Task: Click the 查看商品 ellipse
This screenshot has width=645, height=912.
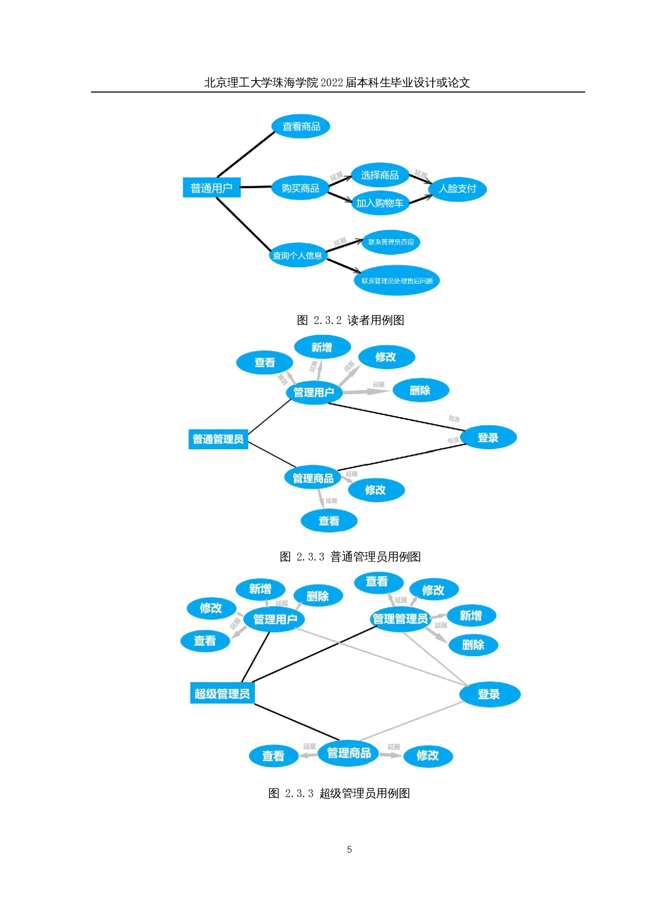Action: [x=301, y=126]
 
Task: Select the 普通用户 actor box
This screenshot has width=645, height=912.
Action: [x=211, y=188]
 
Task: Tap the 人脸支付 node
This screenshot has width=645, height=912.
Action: [x=457, y=188]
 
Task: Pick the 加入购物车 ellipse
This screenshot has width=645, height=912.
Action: [x=380, y=203]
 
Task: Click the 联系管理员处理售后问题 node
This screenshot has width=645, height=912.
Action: [x=397, y=281]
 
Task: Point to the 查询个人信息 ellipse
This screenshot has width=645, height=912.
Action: [x=298, y=255]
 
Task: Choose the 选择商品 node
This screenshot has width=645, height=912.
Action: [x=380, y=175]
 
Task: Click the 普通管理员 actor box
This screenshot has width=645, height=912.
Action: [x=218, y=439]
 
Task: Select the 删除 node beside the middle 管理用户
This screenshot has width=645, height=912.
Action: [x=420, y=390]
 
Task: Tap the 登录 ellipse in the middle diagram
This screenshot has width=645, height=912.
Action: [x=488, y=437]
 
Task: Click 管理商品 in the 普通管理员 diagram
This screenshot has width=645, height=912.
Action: [x=313, y=478]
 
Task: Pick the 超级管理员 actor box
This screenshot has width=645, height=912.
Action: [x=222, y=694]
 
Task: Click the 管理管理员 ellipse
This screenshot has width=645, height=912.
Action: [x=400, y=619]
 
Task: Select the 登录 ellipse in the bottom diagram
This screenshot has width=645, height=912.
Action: [x=489, y=694]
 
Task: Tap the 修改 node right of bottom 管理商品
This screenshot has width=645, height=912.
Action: [x=428, y=755]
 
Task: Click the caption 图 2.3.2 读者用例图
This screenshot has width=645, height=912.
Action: [x=350, y=320]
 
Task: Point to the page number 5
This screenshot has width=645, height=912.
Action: [x=349, y=850]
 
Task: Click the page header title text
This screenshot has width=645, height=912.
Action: [x=337, y=83]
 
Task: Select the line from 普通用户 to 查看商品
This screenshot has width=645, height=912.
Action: [x=246, y=154]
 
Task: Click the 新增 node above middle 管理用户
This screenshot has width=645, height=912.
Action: [x=322, y=347]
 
